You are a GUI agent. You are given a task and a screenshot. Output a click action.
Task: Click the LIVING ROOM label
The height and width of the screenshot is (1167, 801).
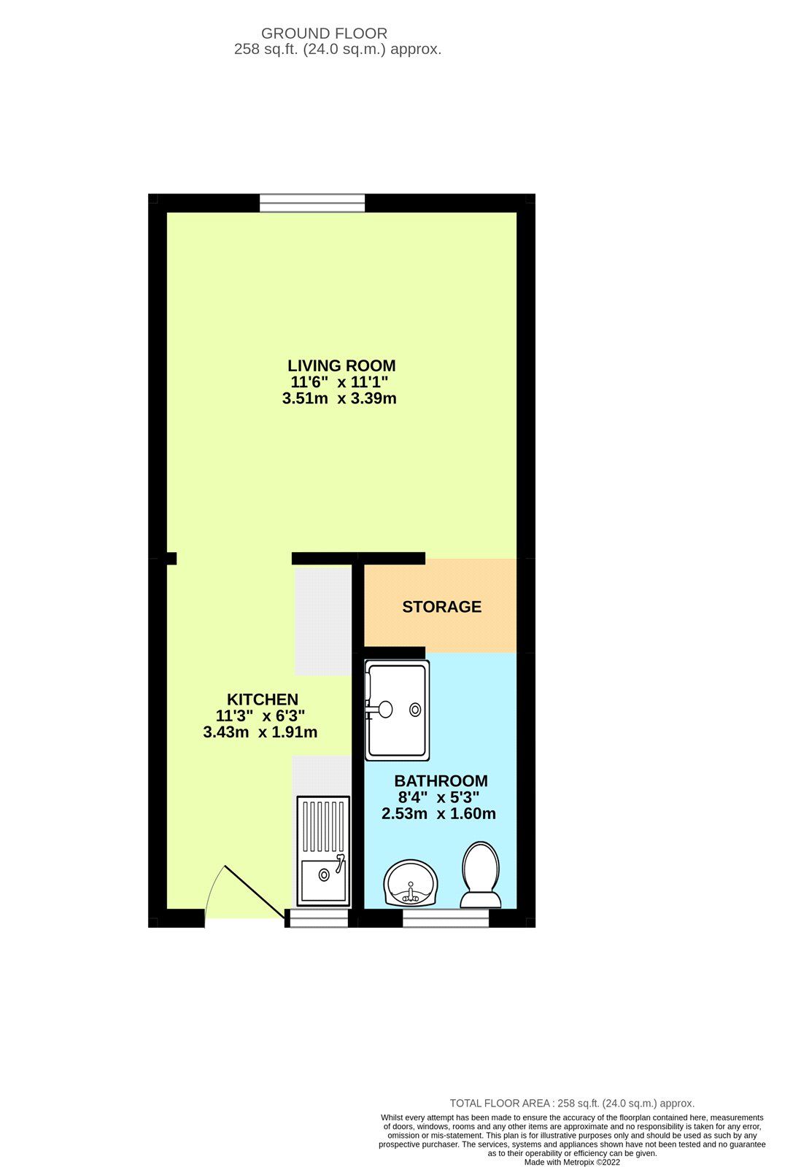coord(341,365)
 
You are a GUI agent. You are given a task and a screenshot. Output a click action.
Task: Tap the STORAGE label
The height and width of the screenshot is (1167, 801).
coord(441,607)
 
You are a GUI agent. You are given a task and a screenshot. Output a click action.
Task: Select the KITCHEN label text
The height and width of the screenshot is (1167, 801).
coord(262,699)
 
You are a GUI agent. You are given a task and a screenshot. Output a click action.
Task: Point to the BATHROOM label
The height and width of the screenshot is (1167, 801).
coord(441,781)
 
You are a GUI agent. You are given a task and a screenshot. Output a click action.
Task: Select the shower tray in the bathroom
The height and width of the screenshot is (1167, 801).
coord(397,709)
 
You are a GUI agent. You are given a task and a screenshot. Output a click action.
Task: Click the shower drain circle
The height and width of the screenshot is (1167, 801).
coord(415,709)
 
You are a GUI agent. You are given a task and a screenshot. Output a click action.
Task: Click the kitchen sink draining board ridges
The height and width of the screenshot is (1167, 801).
coord(323,826)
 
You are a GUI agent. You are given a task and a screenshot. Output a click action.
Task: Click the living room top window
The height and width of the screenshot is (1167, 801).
coord(312,203)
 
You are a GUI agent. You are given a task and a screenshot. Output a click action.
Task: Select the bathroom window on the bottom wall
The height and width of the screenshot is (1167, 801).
coord(445,918)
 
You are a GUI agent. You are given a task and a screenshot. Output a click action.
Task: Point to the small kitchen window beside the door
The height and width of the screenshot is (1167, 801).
coord(319,918)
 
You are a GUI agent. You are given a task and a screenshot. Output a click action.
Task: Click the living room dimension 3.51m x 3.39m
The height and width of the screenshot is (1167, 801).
coord(339,398)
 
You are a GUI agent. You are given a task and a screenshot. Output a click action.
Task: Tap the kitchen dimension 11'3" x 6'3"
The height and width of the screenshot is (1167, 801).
coord(260,716)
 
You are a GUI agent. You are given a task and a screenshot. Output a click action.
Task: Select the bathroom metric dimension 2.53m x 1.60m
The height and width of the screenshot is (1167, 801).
coord(438,814)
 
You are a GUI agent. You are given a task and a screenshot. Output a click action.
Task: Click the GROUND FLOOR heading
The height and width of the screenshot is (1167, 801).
coord(324,33)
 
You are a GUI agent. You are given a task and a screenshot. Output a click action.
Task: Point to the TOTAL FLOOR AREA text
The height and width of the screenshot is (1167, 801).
coord(572,1104)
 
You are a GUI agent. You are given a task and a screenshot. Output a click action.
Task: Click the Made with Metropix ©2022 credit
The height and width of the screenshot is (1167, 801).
coord(572,1162)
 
